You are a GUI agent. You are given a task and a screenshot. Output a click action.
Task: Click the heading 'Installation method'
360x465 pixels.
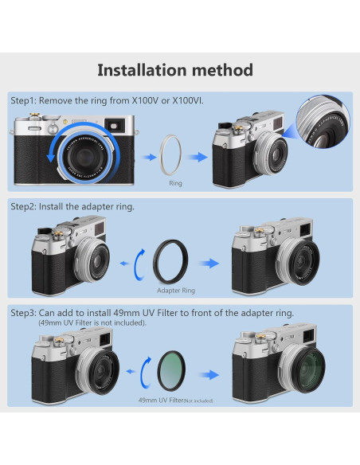[175, 69]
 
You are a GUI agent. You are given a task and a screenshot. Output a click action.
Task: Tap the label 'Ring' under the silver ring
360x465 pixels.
[176, 182]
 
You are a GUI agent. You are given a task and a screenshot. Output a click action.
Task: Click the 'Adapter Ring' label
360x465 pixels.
[176, 291]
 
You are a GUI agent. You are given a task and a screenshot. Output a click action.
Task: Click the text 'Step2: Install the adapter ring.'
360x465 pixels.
[72, 206]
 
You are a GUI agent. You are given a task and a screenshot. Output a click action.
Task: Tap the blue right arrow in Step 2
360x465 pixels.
[209, 263]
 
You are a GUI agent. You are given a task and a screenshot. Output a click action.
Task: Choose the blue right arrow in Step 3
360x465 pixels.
[209, 373]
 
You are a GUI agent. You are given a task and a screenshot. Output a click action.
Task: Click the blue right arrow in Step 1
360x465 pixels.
[198, 156]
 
